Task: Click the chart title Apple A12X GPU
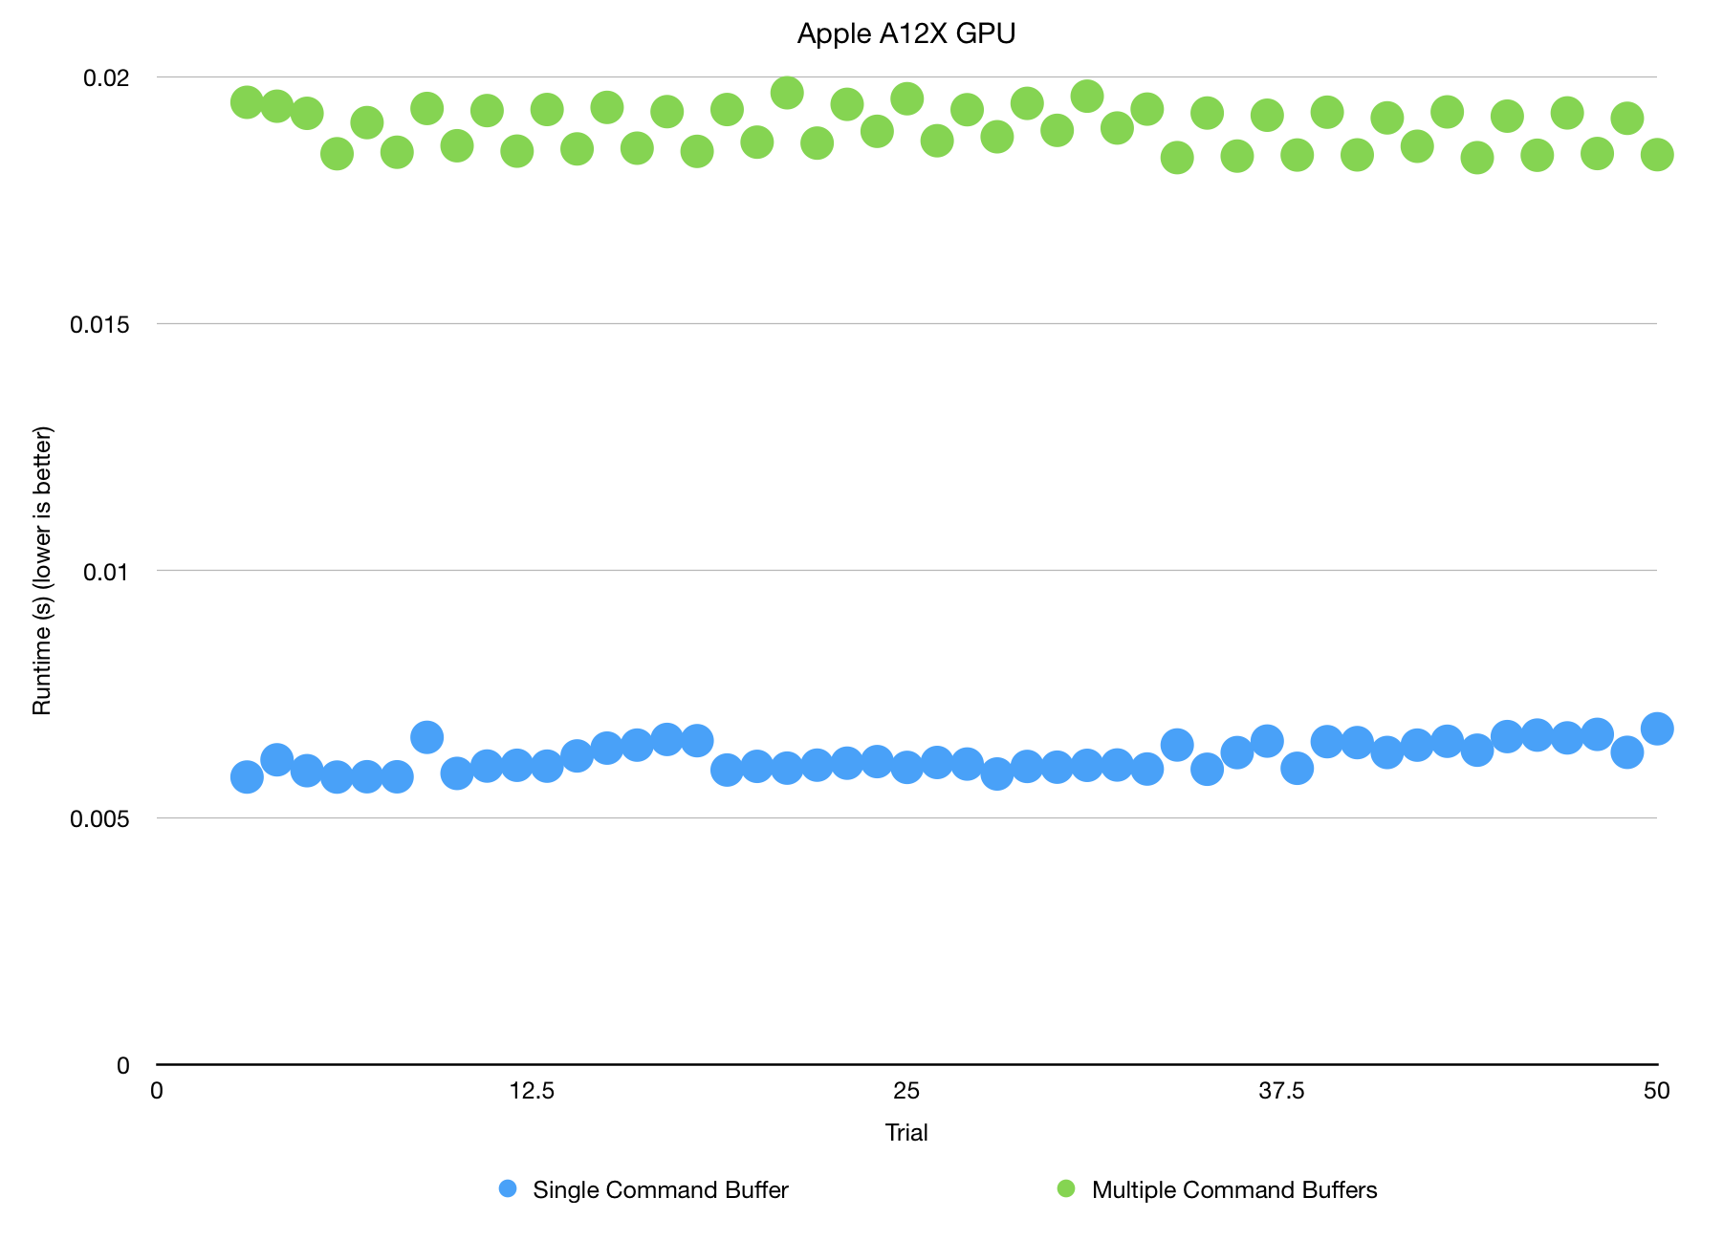(x=905, y=34)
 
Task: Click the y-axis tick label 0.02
(x=106, y=77)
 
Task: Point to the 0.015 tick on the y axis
(x=99, y=324)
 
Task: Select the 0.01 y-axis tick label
(x=106, y=572)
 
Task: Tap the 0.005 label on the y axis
(x=99, y=819)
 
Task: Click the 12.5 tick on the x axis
(x=532, y=1091)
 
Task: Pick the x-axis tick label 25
(x=906, y=1091)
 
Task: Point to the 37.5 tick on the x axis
(x=1281, y=1091)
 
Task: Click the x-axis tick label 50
(x=1656, y=1091)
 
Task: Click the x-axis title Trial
(x=906, y=1133)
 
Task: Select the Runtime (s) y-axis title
(x=42, y=571)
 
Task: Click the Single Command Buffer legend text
(x=660, y=1190)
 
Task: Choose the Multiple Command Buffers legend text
(x=1233, y=1190)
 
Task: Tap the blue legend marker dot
(x=508, y=1189)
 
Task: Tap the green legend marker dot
(x=1066, y=1189)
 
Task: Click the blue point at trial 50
(x=1656, y=729)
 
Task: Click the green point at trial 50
(x=1656, y=154)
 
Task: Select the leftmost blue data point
(x=247, y=776)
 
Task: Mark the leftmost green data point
(x=247, y=102)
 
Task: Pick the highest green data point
(x=786, y=93)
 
